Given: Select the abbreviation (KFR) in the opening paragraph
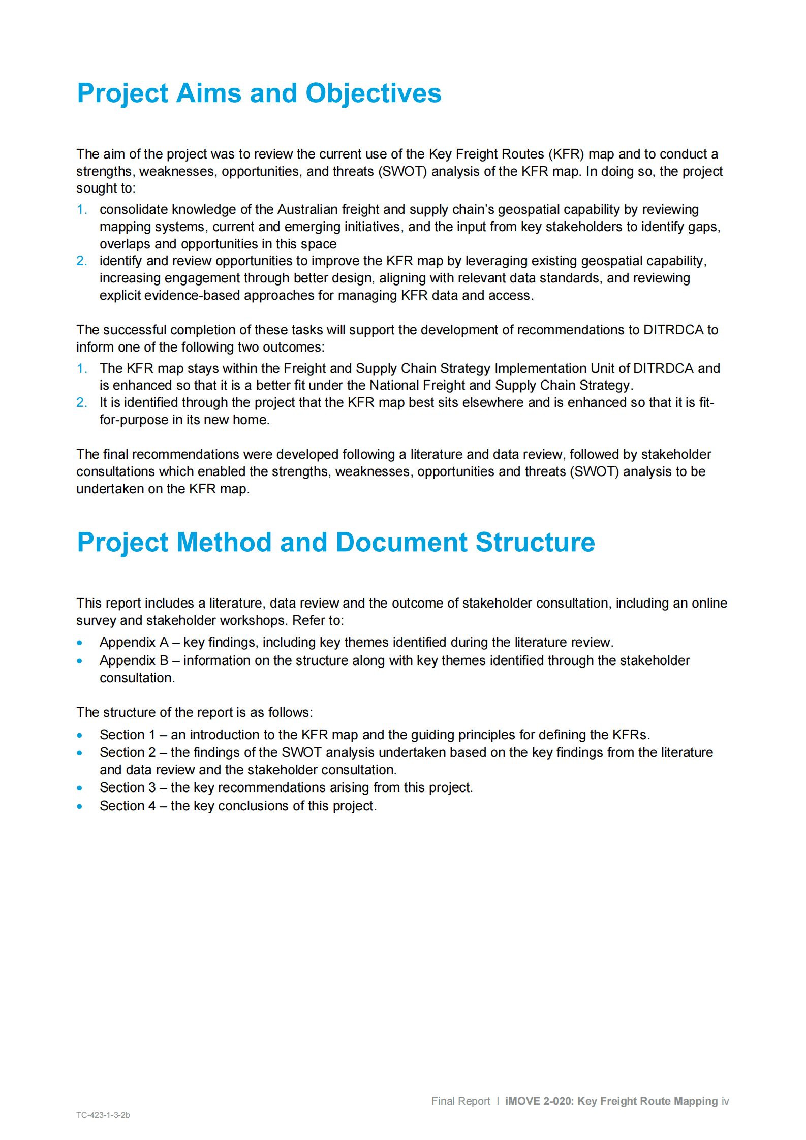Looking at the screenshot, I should [x=566, y=154].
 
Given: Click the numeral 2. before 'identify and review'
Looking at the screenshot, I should [x=81, y=261].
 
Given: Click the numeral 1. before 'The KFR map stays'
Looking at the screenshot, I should [x=81, y=368].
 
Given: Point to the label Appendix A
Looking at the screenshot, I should [x=134, y=642].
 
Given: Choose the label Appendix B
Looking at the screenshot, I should [x=134, y=660].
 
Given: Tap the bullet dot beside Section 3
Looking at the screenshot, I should [x=80, y=788].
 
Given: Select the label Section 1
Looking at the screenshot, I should [x=127, y=735].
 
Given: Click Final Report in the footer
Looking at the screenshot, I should [x=460, y=1101].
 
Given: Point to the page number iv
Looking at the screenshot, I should [x=725, y=1101].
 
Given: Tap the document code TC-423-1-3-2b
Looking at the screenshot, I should [x=103, y=1115].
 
